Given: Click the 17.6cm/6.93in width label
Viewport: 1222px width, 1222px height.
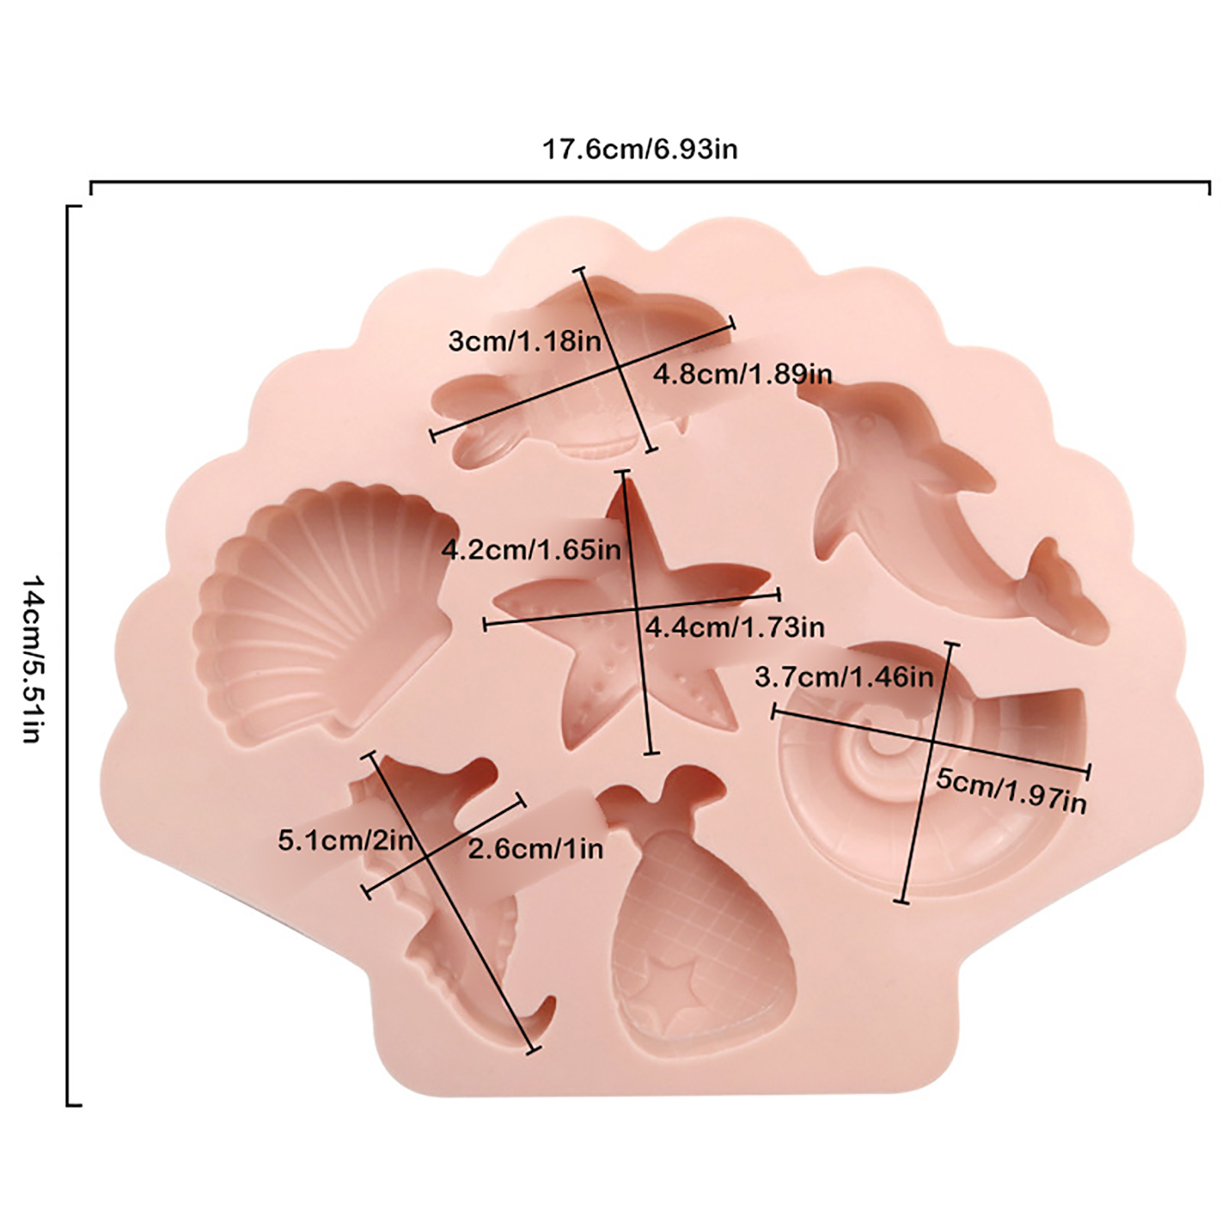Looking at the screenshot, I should click(x=640, y=149).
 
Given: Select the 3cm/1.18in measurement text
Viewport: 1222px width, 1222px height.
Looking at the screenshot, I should click(x=525, y=341).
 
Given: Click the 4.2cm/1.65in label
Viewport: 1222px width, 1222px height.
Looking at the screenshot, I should click(x=532, y=549).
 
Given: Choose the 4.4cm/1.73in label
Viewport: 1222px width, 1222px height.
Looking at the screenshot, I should click(x=735, y=628).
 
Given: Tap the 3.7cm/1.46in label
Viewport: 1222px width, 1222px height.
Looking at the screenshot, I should click(x=844, y=677).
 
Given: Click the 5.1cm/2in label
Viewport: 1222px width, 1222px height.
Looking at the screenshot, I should click(x=345, y=841).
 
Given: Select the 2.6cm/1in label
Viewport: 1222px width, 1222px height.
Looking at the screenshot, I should click(x=535, y=849).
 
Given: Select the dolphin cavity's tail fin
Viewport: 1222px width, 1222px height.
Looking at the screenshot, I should click(x=1058, y=584).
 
